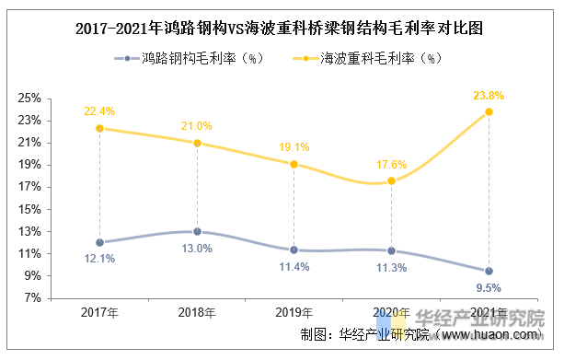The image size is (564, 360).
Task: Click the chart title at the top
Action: (282, 29)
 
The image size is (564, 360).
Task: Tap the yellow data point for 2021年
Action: (489, 112)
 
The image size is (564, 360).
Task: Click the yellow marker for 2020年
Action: (391, 181)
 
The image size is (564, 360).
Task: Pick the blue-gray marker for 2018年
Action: (197, 232)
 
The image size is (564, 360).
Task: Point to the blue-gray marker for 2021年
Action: (489, 271)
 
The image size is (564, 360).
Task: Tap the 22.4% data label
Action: (98, 111)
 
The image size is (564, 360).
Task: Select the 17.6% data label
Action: (391, 164)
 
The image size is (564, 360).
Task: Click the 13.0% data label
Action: (197, 249)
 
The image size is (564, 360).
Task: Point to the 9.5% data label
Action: (489, 287)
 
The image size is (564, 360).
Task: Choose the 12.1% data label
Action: (98, 259)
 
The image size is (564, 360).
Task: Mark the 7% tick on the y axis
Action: (57, 298)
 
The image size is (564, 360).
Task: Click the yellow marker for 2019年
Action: (294, 165)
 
